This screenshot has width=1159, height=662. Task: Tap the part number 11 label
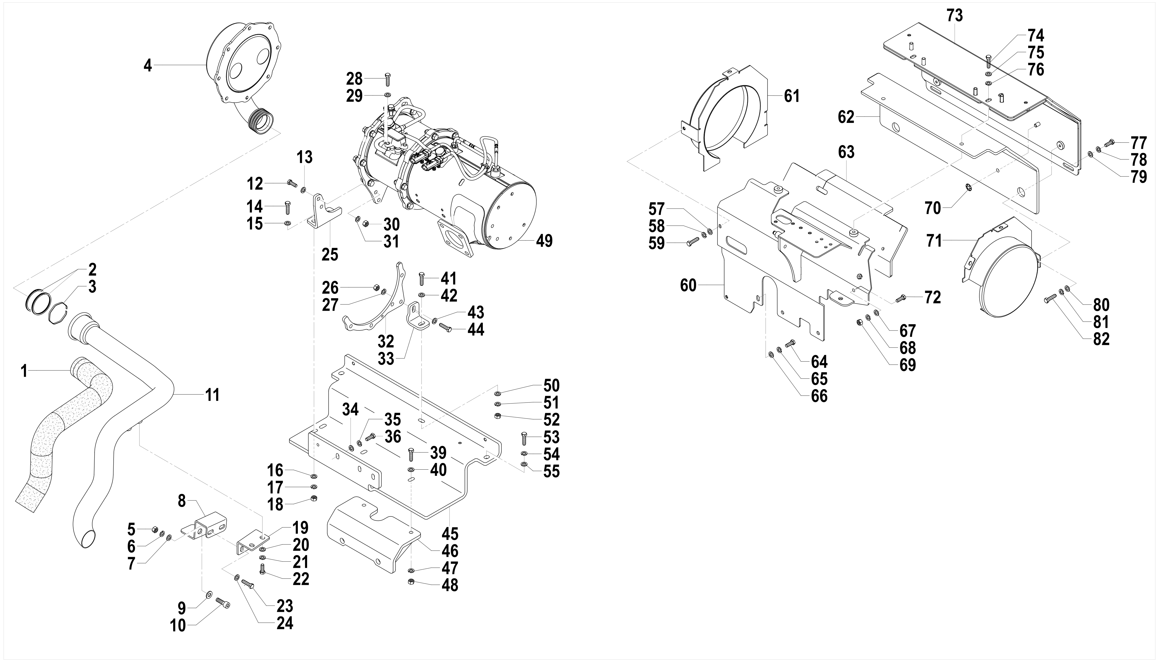[213, 395]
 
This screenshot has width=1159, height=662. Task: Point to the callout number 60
[688, 285]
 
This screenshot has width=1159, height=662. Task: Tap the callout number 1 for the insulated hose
[24, 371]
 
